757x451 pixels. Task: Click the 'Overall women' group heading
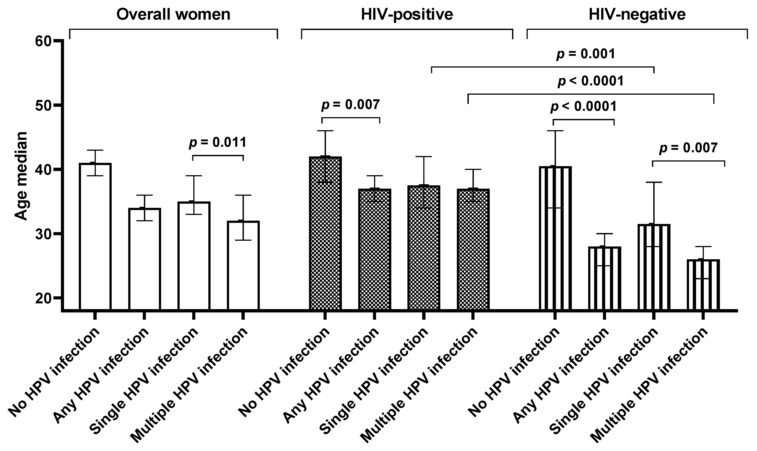click(173, 14)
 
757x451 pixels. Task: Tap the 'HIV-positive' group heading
click(407, 14)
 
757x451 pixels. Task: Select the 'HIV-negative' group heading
click(637, 14)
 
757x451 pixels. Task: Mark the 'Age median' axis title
click(21, 176)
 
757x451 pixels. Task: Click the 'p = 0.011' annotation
click(218, 142)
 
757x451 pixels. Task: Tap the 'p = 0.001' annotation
click(585, 54)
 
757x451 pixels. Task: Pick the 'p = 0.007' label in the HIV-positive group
click(350, 105)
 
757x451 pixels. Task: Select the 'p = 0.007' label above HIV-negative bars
click(688, 148)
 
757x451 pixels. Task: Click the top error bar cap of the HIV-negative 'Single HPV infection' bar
click(653, 182)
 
